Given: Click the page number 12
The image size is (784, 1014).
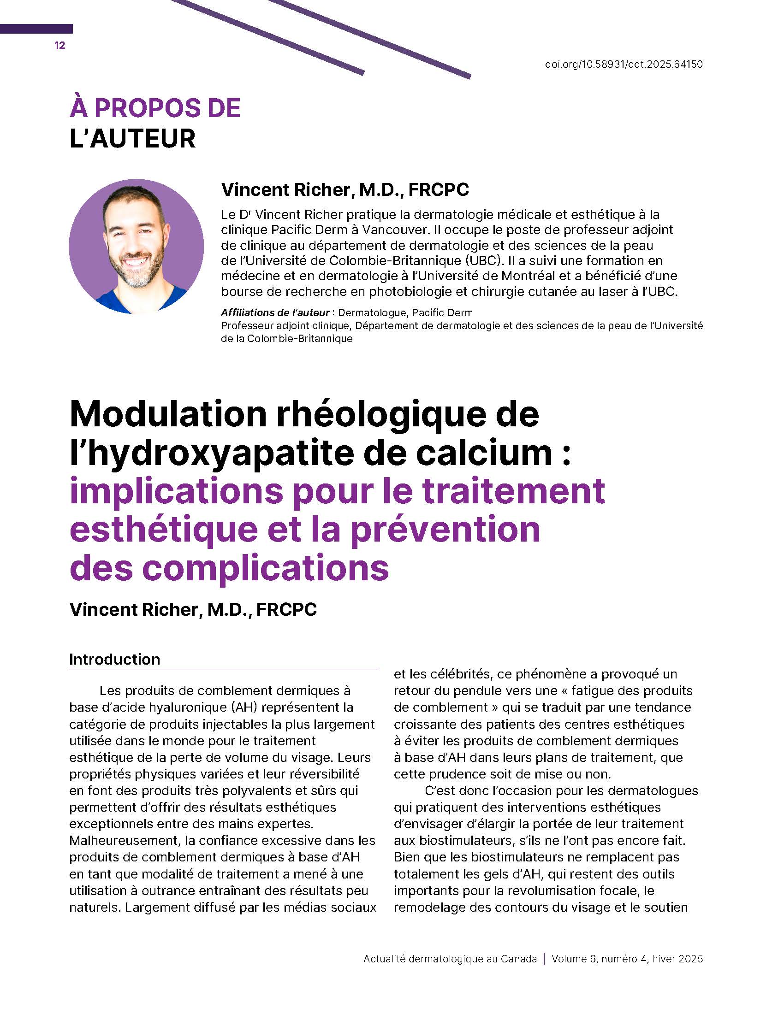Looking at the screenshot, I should click(x=60, y=46).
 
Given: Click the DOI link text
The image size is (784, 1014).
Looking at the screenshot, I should click(x=624, y=64).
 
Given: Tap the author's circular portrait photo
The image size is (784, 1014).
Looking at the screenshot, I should click(x=136, y=246).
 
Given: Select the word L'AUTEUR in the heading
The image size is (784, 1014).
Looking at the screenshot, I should click(x=132, y=139).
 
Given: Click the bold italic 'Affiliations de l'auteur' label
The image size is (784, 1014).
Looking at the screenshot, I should click(x=275, y=312).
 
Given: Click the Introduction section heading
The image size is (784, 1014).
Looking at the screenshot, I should click(x=115, y=659).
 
